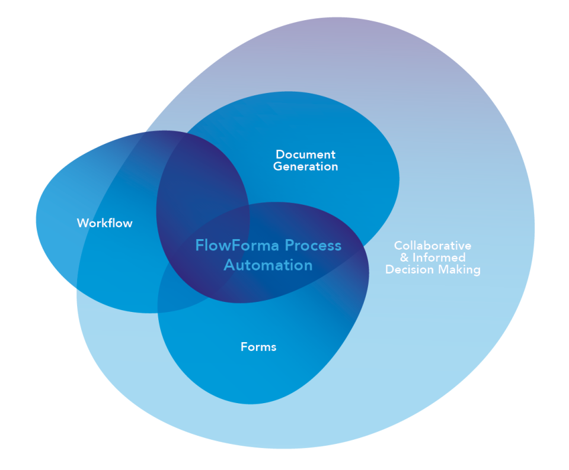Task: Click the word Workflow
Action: pos(104,223)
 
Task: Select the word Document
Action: pos(305,154)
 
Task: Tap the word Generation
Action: pos(305,166)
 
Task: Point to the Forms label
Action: pos(258,347)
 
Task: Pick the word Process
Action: pos(313,245)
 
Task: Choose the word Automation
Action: pos(268,265)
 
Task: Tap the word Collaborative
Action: pos(433,246)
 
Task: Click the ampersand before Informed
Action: pos(404,257)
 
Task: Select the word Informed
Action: pos(439,257)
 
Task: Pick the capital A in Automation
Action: pos(229,265)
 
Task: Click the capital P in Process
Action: pos(289,245)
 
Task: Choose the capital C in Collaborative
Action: pos(398,246)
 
